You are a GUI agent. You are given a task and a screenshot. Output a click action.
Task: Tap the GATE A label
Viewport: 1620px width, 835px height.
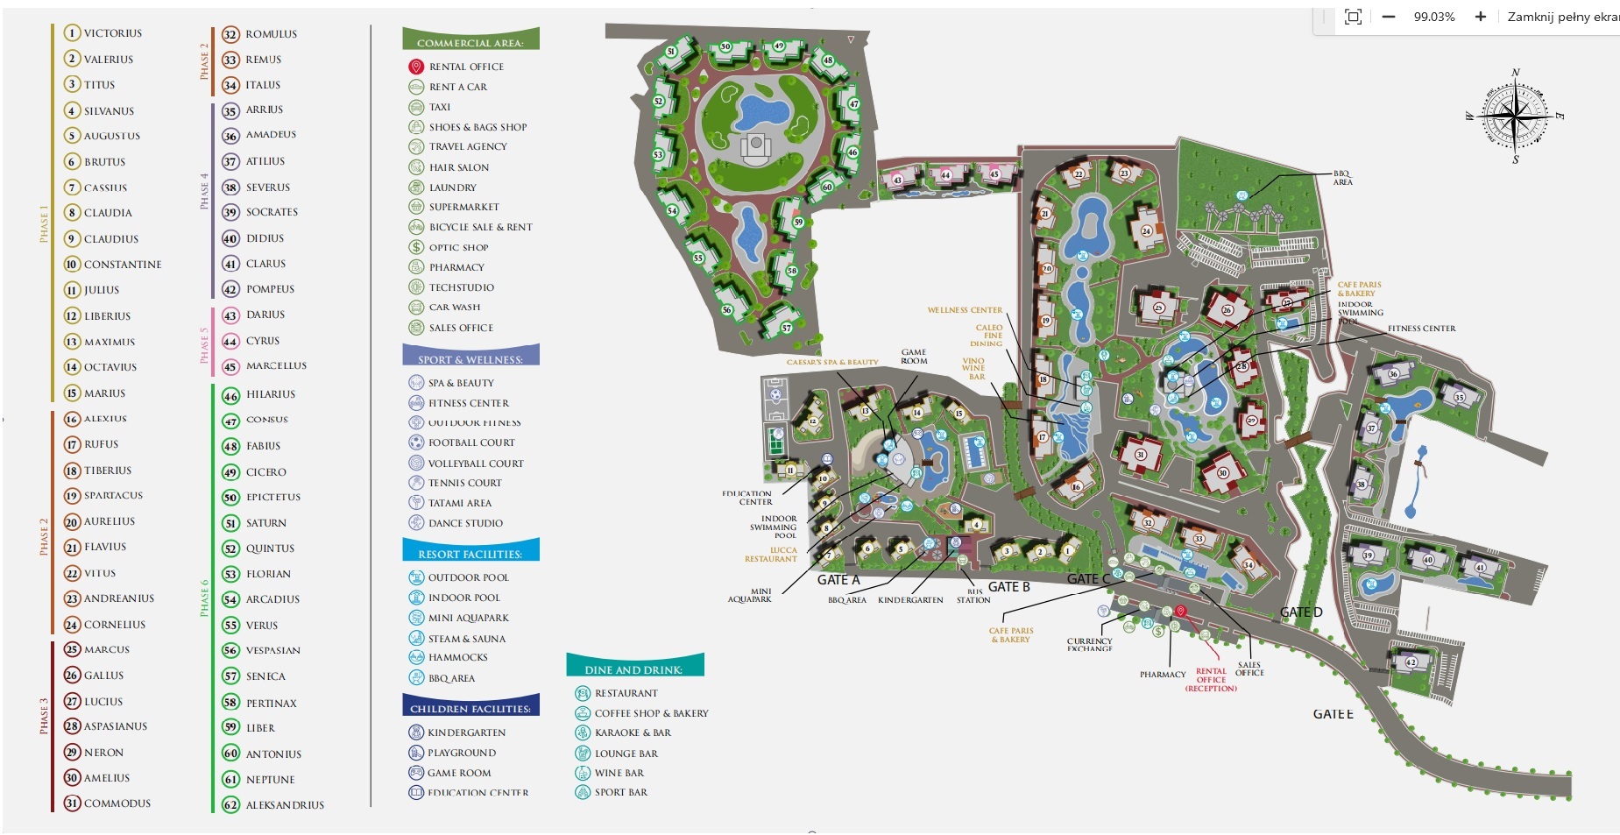pyautogui.click(x=838, y=579)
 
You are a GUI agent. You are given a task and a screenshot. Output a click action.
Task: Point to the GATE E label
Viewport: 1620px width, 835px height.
pyautogui.click(x=1333, y=714)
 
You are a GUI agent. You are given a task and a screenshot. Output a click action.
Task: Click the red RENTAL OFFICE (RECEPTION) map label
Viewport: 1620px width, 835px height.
pyautogui.click(x=1211, y=680)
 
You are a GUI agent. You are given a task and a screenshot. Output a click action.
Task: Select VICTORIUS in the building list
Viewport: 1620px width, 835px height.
pyautogui.click(x=112, y=33)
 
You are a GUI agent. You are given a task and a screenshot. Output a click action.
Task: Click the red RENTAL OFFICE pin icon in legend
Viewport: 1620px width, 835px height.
pyautogui.click(x=416, y=67)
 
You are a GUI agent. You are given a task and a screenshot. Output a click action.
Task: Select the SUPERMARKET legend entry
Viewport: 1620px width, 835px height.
pyautogui.click(x=463, y=207)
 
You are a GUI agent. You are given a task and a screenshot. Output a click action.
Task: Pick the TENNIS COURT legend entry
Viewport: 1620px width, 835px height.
pyautogui.click(x=464, y=483)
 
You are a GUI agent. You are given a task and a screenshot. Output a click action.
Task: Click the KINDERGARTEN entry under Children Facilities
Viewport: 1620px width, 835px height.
pyautogui.click(x=466, y=732)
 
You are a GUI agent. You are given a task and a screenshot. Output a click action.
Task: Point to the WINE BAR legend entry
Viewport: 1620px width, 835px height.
pyautogui.click(x=619, y=773)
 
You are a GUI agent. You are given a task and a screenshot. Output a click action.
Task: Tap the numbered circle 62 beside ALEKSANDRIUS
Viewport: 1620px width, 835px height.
pyautogui.click(x=230, y=804)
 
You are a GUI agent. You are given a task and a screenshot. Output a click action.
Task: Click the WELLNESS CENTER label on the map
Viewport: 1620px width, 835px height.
pyautogui.click(x=965, y=310)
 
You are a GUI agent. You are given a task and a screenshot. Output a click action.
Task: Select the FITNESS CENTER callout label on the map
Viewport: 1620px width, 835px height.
pyautogui.click(x=1421, y=329)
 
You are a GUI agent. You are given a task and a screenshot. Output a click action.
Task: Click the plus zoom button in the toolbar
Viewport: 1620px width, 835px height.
pyautogui.click(x=1480, y=17)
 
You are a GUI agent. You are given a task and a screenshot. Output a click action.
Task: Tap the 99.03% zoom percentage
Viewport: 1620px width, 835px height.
pyautogui.click(x=1433, y=17)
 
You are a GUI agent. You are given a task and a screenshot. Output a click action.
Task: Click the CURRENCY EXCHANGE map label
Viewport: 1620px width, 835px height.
pyautogui.click(x=1089, y=644)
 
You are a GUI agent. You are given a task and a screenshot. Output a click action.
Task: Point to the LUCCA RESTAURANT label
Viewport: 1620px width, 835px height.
pyautogui.click(x=771, y=555)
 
